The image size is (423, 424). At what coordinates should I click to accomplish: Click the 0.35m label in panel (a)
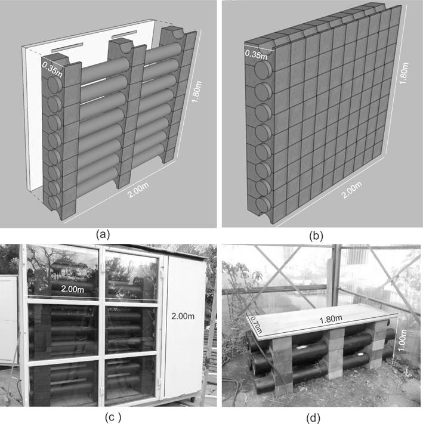pyautogui.click(x=52, y=69)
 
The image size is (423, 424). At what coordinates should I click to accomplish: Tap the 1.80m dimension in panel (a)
pyautogui.click(x=197, y=92)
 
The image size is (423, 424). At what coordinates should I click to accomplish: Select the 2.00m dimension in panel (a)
pyautogui.click(x=138, y=190)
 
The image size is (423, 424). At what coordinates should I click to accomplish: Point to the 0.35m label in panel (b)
pyautogui.click(x=256, y=54)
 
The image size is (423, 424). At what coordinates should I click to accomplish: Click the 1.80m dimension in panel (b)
pyautogui.click(x=403, y=73)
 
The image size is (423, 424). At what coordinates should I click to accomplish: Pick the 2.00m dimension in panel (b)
pyautogui.click(x=351, y=190)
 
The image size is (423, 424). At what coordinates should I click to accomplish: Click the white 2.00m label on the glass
pyautogui.click(x=72, y=289)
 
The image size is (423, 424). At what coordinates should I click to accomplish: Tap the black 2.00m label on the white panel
pyautogui.click(x=183, y=316)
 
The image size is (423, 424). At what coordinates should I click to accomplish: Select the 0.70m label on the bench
pyautogui.click(x=255, y=324)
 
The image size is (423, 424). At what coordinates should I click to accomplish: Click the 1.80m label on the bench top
pyautogui.click(x=331, y=319)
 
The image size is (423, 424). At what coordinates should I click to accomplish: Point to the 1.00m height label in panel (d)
pyautogui.click(x=402, y=340)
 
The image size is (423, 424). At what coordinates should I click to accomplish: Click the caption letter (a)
pyautogui.click(x=103, y=234)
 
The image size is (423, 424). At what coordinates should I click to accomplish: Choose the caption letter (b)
pyautogui.click(x=316, y=236)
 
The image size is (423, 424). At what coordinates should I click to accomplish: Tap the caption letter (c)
pyautogui.click(x=113, y=417)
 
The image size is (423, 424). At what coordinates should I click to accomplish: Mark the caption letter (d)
pyautogui.click(x=313, y=418)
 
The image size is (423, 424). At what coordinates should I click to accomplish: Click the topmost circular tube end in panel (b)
pyautogui.click(x=263, y=70)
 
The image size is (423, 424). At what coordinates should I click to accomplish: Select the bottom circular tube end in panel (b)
pyautogui.click(x=263, y=206)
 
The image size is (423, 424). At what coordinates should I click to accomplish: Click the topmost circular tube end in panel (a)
pyautogui.click(x=55, y=85)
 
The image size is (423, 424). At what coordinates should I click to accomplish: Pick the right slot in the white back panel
pyautogui.click(x=124, y=34)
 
